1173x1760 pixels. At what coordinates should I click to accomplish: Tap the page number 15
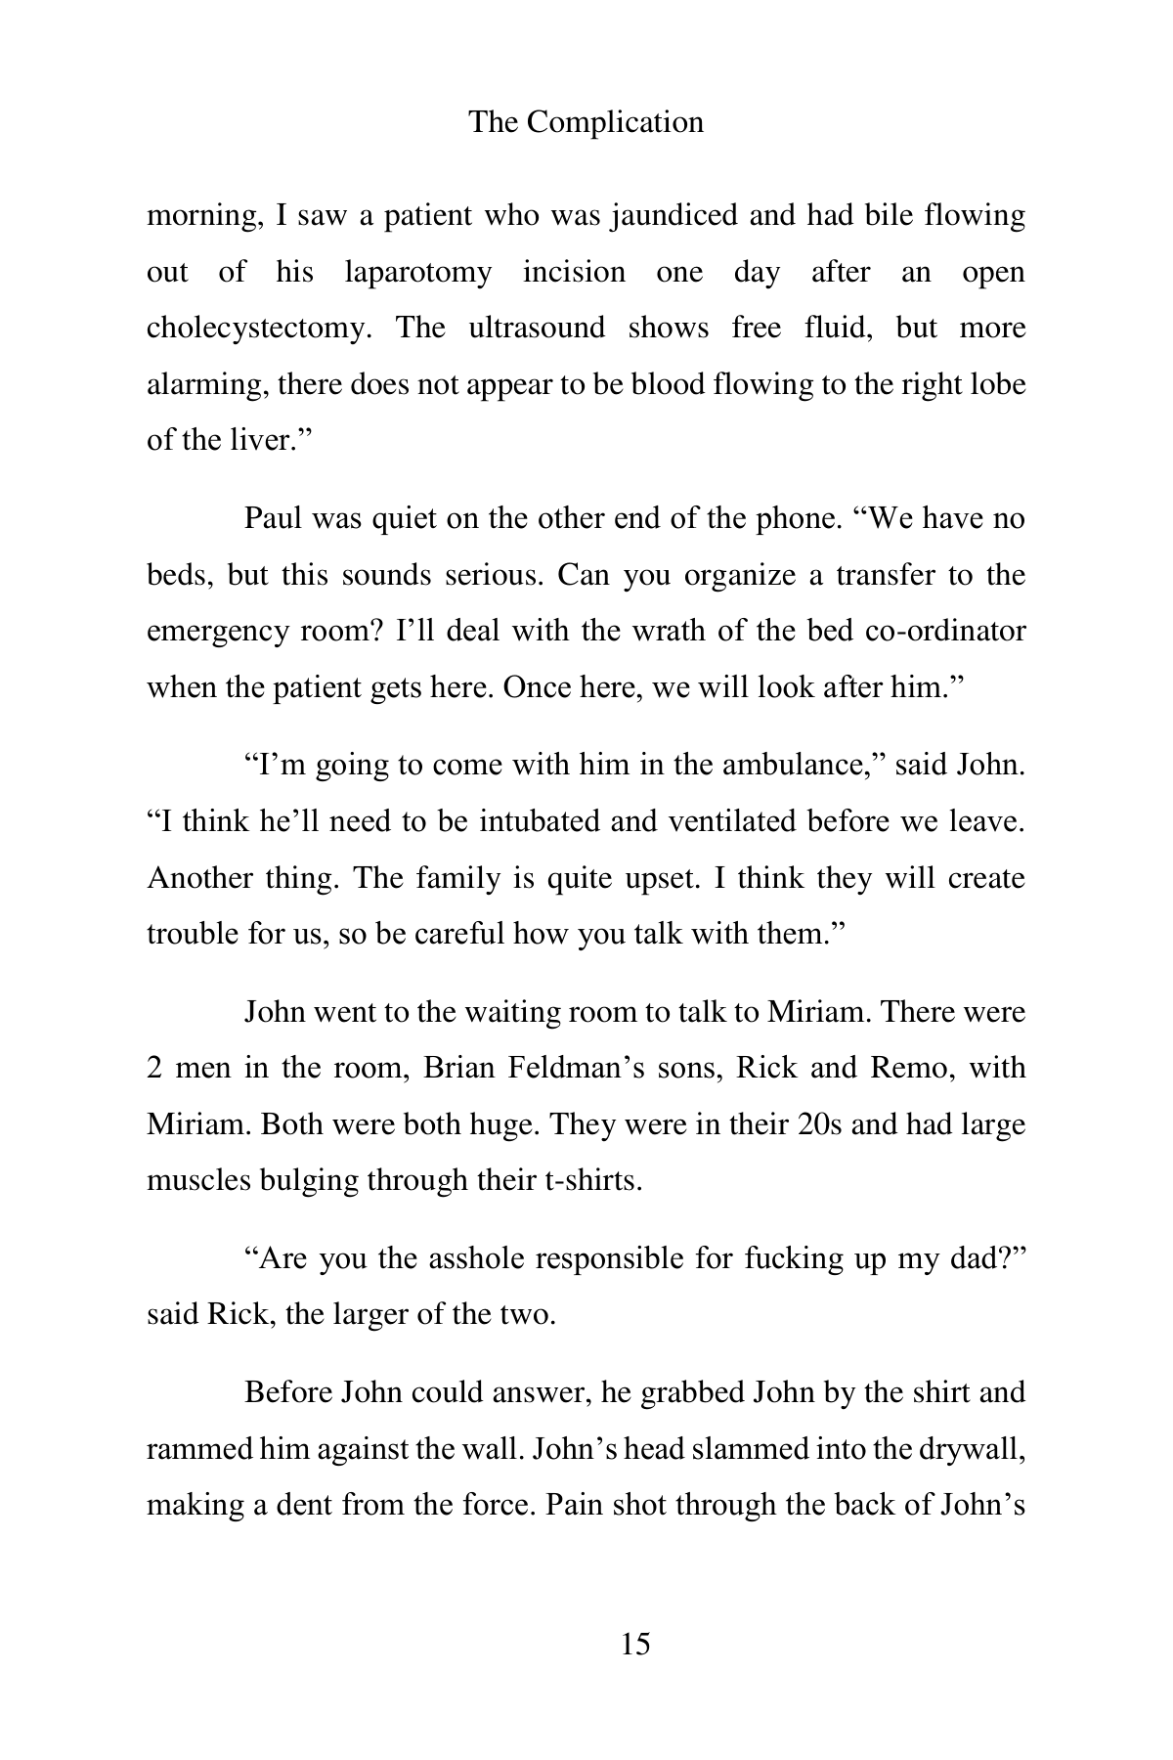(x=634, y=1644)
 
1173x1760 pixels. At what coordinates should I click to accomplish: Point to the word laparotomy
(x=417, y=272)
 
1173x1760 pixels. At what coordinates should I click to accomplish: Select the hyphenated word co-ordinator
(x=945, y=631)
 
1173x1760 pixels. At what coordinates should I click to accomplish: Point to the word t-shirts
(x=591, y=1180)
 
